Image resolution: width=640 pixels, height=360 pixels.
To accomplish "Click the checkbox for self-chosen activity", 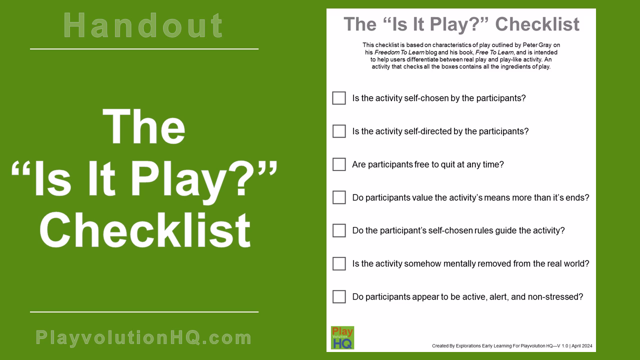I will (339, 98).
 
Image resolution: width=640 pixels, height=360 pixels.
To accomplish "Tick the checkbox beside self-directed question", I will (339, 131).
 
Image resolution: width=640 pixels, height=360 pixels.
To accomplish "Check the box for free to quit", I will (339, 164).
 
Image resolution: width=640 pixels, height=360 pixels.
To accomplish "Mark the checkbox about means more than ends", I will (339, 197).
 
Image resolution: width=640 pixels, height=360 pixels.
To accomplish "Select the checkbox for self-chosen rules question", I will (339, 230).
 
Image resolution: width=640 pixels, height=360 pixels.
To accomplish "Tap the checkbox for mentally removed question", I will (339, 263).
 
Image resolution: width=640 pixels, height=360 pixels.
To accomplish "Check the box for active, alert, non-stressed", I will (339, 296).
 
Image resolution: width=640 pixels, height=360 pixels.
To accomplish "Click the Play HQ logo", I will (342, 337).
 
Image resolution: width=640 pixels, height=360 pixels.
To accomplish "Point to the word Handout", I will (144, 26).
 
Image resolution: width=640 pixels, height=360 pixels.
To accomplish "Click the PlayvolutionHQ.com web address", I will (144, 338).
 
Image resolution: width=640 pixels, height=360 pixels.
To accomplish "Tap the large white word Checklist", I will (145, 230).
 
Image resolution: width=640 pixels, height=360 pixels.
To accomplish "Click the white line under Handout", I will (144, 49).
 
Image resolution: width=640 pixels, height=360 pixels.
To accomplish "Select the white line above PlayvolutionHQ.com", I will (144, 312).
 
